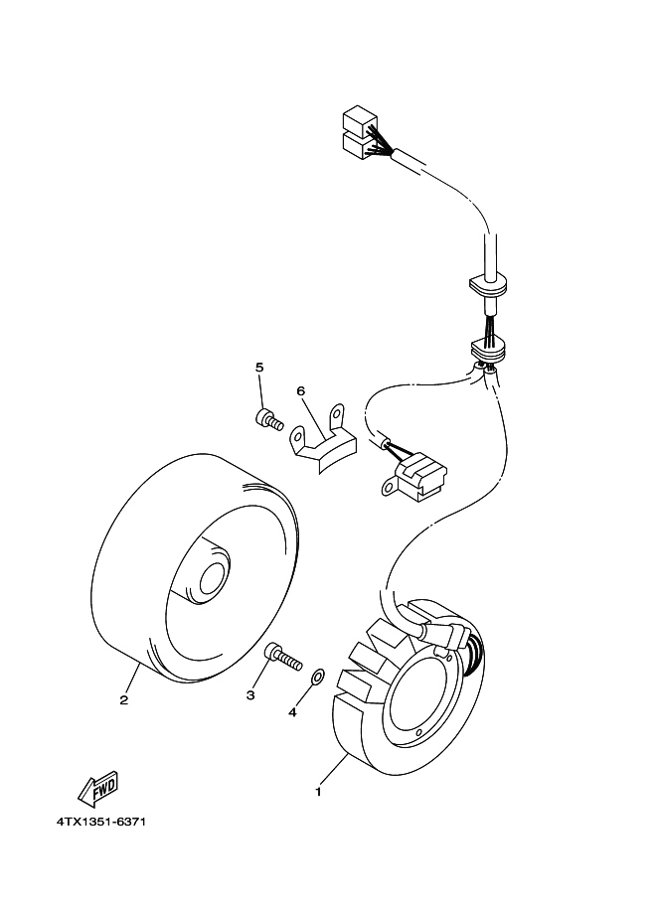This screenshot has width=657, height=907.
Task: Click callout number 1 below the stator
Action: pos(317,792)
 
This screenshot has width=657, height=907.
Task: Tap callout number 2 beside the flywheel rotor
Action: pos(124,699)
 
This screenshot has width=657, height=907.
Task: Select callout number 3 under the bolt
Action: pos(250,695)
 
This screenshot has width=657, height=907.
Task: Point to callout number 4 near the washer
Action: pos(292,711)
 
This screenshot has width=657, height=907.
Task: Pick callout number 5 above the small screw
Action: pos(259,368)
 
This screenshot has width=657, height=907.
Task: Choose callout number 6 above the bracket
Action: pos(301,390)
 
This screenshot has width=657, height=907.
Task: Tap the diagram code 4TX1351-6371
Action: pos(101,823)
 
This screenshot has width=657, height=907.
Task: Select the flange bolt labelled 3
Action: pos(281,657)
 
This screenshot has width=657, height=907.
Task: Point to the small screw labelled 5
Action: pos(266,420)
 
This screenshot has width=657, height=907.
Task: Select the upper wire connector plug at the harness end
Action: pos(360,121)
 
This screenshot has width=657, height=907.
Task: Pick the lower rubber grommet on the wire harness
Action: pos(488,349)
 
